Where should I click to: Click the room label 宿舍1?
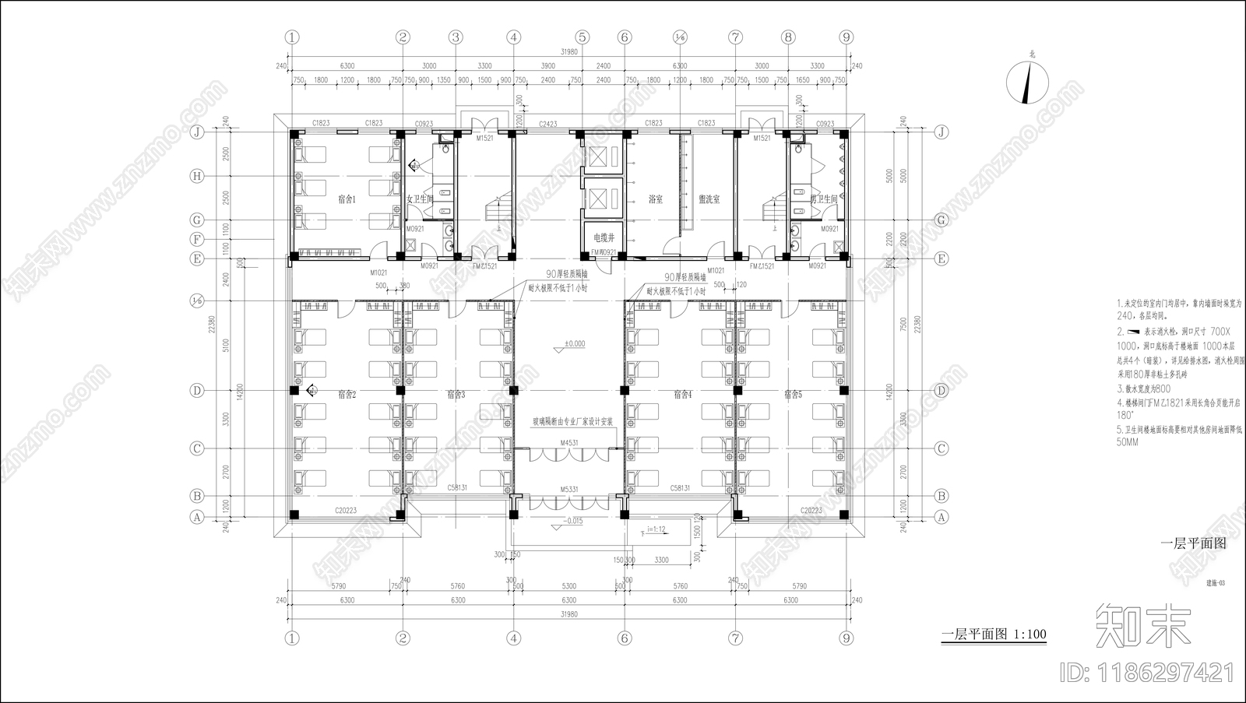click(x=347, y=199)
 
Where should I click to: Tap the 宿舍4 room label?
click(x=682, y=395)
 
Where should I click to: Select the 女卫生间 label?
click(x=420, y=199)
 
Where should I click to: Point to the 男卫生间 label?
click(x=822, y=199)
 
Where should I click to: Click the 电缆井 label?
click(x=604, y=237)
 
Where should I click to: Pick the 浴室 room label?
click(x=656, y=199)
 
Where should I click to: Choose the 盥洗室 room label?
click(x=709, y=199)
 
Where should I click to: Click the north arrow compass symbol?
click(x=1028, y=82)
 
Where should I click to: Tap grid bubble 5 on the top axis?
click(x=583, y=37)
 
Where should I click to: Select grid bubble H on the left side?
click(x=197, y=177)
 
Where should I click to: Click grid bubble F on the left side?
click(x=197, y=240)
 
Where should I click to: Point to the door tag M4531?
click(x=568, y=443)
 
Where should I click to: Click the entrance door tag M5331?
click(x=568, y=489)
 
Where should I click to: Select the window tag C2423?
click(x=548, y=124)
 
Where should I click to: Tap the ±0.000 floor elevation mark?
click(x=575, y=343)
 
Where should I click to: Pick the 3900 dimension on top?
click(x=547, y=65)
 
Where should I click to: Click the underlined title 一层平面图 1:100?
click(x=994, y=634)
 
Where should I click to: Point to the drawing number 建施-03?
click(x=1216, y=582)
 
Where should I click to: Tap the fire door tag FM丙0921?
click(x=604, y=252)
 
